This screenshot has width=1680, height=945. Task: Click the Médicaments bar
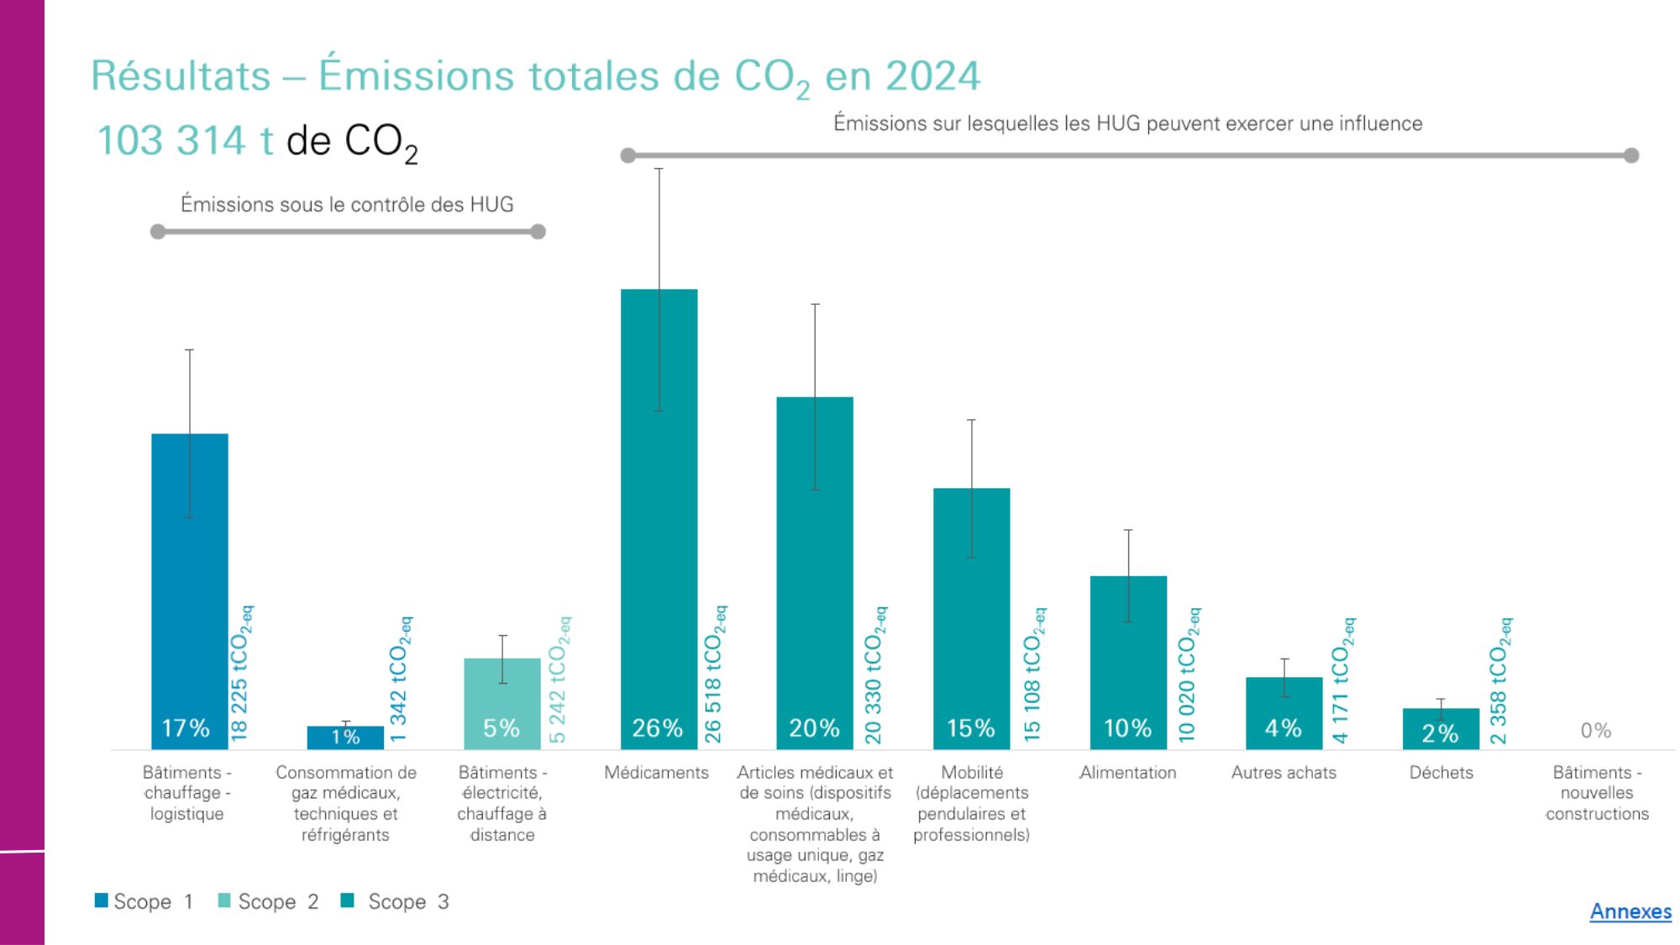(659, 521)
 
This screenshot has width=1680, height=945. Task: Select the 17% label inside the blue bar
(186, 727)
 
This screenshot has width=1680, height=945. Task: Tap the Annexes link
(1630, 911)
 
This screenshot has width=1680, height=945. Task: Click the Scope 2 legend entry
(268, 901)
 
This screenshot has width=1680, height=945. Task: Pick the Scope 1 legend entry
(144, 901)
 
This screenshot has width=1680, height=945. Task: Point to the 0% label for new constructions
(1595, 731)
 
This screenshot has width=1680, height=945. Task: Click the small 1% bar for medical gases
(345, 738)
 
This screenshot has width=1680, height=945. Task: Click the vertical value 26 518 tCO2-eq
(714, 674)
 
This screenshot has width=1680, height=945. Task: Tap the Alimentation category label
(1127, 773)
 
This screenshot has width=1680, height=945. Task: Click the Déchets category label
(1441, 773)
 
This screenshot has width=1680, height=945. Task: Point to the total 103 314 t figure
(185, 140)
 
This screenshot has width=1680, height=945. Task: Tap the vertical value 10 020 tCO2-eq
(1188, 675)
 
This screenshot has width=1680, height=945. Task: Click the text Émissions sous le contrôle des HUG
(347, 204)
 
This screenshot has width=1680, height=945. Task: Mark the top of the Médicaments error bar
(659, 169)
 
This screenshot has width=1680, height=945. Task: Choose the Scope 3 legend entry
(396, 901)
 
